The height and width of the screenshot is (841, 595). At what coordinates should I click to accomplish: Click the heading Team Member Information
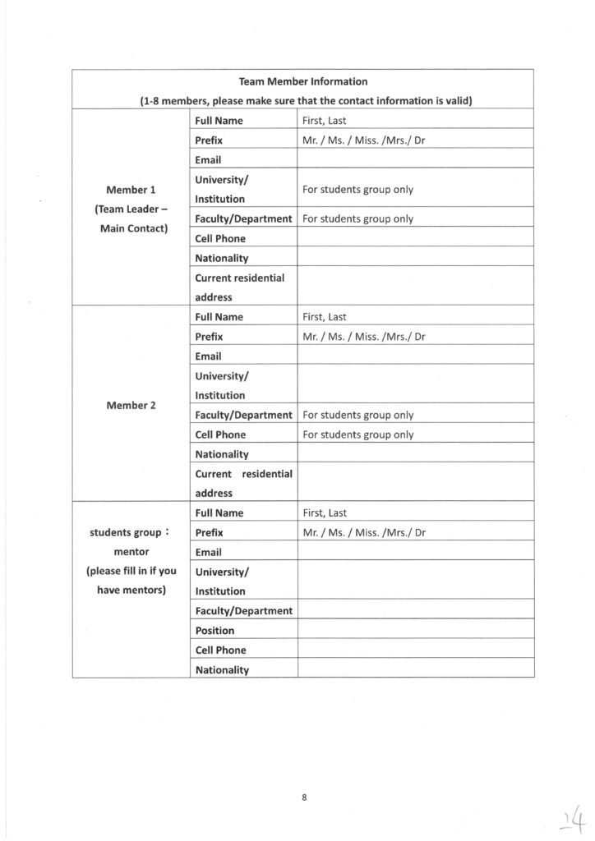303,81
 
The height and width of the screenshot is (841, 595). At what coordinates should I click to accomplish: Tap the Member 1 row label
131,190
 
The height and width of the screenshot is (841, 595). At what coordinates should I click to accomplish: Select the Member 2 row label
131,405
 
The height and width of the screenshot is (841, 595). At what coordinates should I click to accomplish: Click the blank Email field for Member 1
415,160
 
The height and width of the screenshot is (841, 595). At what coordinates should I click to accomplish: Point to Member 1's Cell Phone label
220,239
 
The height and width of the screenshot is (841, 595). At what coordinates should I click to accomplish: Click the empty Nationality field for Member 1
415,259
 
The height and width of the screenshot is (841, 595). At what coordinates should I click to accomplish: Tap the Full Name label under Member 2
219,317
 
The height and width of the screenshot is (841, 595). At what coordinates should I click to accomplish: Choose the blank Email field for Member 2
415,356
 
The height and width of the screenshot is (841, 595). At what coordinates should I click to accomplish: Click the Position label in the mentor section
214,631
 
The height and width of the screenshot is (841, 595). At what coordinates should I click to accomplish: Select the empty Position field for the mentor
415,631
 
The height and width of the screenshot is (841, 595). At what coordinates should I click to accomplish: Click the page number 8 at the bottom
304,797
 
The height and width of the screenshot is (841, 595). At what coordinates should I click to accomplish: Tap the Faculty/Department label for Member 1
243,219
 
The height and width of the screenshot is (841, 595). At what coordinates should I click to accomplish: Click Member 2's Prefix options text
363,337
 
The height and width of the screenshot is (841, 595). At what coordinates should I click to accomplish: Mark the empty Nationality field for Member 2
415,454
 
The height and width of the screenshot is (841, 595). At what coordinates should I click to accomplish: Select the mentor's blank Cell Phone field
415,650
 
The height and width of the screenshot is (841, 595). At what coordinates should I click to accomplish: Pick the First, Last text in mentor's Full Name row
325,513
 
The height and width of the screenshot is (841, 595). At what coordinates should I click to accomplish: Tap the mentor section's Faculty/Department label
243,611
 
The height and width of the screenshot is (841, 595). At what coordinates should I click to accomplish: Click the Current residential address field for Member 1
415,287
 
